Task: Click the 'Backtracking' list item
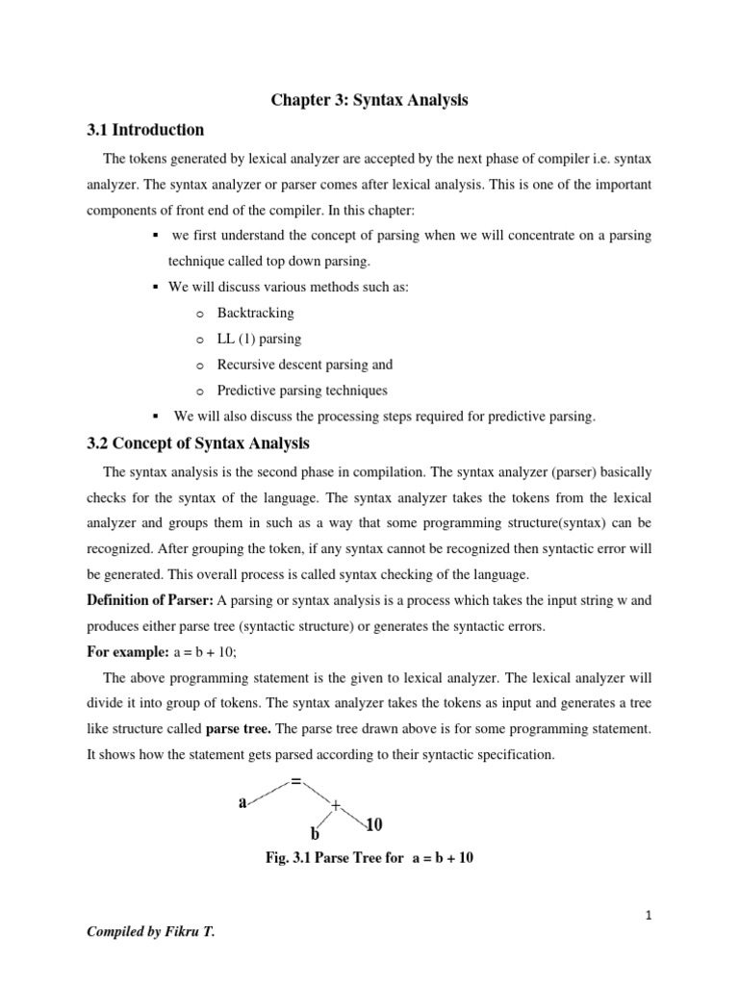tap(255, 313)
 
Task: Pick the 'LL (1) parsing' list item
tap(259, 339)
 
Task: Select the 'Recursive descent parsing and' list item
tap(304, 365)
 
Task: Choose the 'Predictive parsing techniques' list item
tap(302, 391)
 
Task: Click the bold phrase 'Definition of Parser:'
tap(149, 600)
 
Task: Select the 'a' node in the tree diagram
tap(243, 802)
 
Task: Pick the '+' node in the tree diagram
tap(336, 805)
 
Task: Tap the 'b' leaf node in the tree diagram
tap(315, 833)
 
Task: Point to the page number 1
tap(650, 916)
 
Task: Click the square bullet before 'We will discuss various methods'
tap(155, 288)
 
